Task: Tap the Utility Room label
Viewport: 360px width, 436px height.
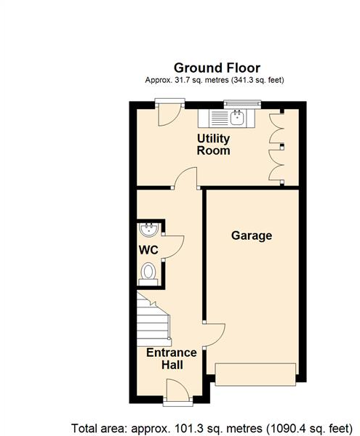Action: click(214, 145)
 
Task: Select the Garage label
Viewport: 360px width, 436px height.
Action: click(252, 235)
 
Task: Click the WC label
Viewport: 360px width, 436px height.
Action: click(149, 250)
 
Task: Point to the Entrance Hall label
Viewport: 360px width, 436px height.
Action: click(172, 359)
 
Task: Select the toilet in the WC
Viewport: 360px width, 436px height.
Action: click(148, 273)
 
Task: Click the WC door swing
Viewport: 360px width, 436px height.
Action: click(172, 247)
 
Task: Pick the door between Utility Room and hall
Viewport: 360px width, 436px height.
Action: click(185, 178)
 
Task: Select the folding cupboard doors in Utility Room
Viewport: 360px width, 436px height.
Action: click(277, 146)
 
